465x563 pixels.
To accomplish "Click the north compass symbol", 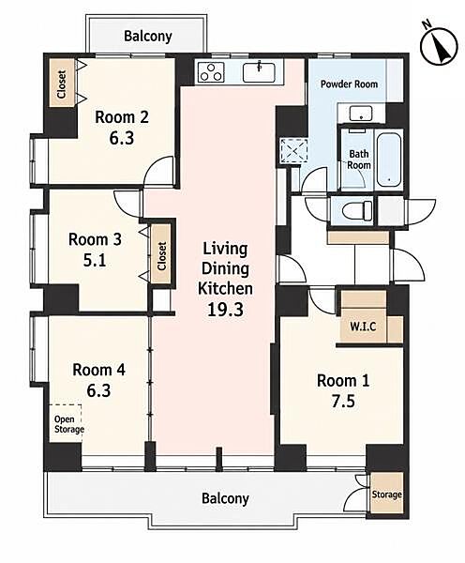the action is coord(439,46).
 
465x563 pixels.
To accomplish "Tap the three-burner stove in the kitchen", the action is coord(212,72).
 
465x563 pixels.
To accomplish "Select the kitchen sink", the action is coord(259,72).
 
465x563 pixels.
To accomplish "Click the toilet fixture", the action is coord(357,210).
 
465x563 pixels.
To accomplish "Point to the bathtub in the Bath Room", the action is coord(389,160).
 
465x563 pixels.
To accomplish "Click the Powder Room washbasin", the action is coord(361,114).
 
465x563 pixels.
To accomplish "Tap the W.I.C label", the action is coord(363,327).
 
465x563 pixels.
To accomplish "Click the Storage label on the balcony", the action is coord(386,495).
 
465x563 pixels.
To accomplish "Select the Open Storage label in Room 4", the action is coord(68,424).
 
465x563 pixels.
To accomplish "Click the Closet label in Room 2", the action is coord(62,84).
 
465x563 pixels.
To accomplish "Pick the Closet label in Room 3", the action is coord(162,255).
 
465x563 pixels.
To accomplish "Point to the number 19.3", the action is coord(225,309).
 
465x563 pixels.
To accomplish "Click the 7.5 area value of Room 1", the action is coord(343,401).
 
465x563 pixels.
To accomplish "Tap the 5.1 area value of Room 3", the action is coord(95,260).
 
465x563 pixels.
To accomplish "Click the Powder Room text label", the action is coord(349,84).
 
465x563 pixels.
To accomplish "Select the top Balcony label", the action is coord(148,36).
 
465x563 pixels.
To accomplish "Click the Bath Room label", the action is coord(359,160).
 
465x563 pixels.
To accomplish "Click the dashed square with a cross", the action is coord(293,151).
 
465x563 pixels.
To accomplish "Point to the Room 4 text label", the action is coord(98,370).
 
